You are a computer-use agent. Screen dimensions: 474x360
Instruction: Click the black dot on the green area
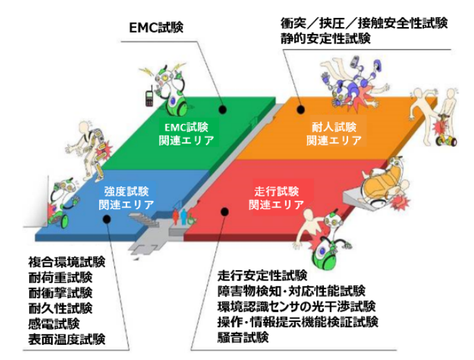pos(223,109)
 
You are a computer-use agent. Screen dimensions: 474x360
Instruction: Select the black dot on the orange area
pos(301,109)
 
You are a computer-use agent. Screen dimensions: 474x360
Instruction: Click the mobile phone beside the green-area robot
pos(148,96)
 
